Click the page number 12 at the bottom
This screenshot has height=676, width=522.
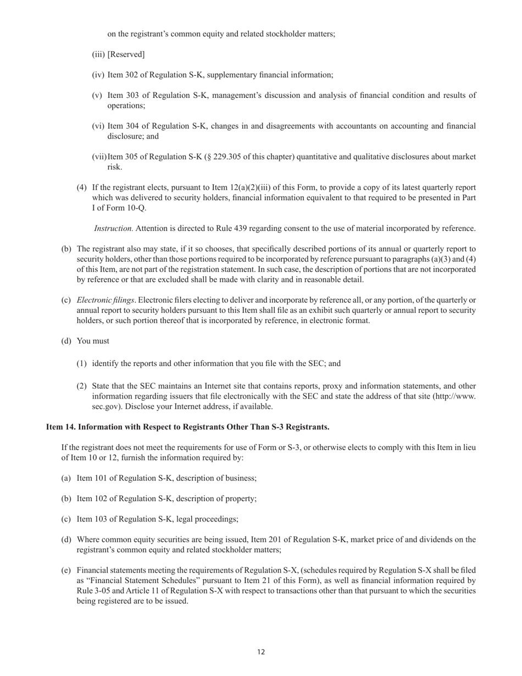tap(260, 652)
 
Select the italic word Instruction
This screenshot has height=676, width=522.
tap(113, 228)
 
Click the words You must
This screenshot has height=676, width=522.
tap(93, 341)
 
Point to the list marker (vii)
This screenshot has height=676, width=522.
tap(99, 157)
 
